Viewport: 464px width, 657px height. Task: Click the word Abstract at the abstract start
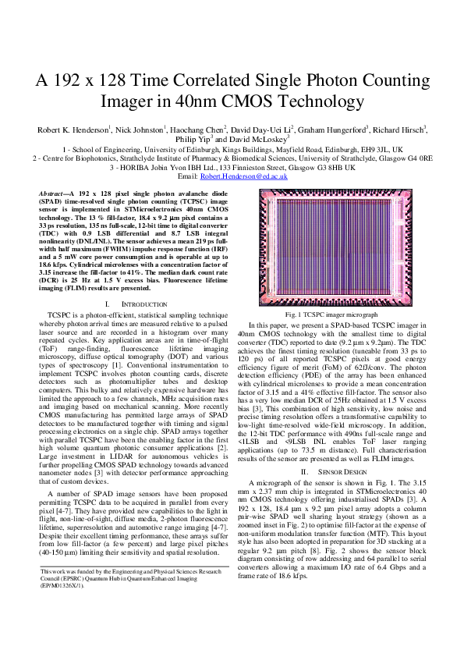click(x=52, y=191)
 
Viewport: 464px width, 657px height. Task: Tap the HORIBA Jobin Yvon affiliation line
click(x=232, y=167)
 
